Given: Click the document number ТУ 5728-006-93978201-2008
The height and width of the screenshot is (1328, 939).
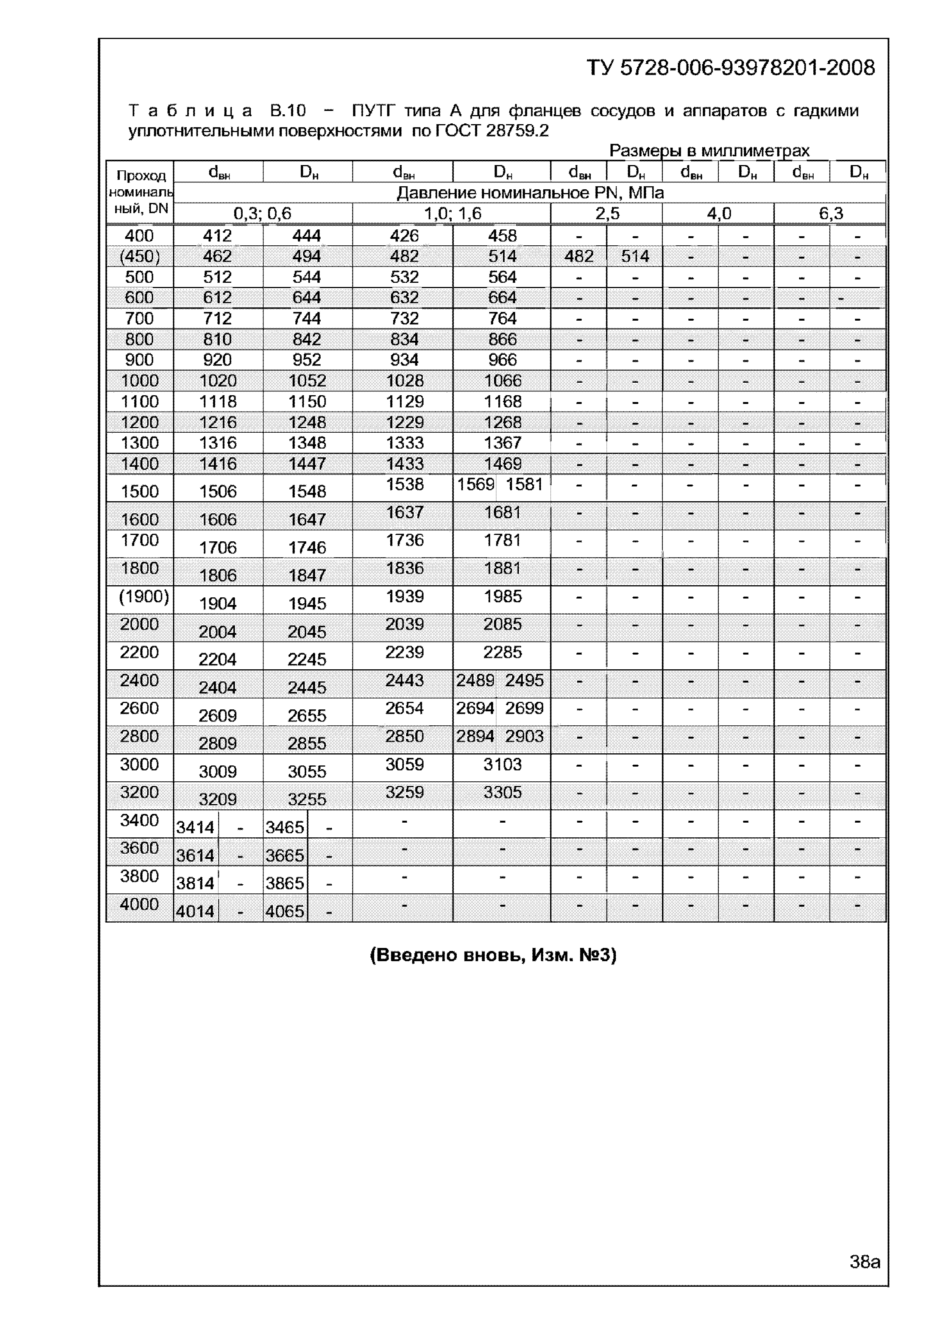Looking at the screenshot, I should pyautogui.click(x=731, y=68).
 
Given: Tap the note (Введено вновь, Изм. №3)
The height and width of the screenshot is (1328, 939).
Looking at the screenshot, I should pyautogui.click(x=493, y=954).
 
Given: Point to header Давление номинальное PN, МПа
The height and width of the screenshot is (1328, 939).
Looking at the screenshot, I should pyautogui.click(x=530, y=193).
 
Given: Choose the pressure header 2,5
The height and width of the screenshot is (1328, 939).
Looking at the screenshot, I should pyautogui.click(x=607, y=214).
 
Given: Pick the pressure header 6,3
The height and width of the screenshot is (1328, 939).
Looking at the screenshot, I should pyautogui.click(x=830, y=214).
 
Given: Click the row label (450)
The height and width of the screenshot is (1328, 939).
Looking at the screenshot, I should pyautogui.click(x=139, y=256).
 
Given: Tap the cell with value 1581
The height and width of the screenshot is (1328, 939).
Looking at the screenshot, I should pyautogui.click(x=524, y=484).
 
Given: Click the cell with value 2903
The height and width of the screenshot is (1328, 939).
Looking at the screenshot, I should pyautogui.click(x=524, y=736).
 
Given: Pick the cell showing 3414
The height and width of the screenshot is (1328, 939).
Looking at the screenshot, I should pyautogui.click(x=195, y=828).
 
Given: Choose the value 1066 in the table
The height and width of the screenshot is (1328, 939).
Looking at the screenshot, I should pyautogui.click(x=502, y=380).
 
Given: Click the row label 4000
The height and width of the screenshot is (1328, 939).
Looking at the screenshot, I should pyautogui.click(x=139, y=904).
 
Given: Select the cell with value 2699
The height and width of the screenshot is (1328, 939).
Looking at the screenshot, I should pyautogui.click(x=524, y=708).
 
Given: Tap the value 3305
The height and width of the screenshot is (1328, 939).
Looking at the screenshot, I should pyautogui.click(x=502, y=792).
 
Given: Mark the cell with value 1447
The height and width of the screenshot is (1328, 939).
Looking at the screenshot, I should pyautogui.click(x=307, y=464).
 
